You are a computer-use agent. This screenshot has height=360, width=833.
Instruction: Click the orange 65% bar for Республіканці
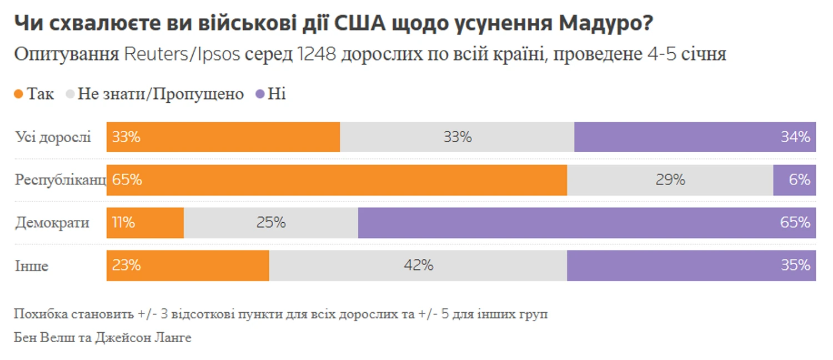[337, 180]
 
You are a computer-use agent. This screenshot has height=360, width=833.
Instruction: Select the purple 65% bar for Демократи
[587, 223]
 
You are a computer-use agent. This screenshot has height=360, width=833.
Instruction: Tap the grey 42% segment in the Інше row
[418, 266]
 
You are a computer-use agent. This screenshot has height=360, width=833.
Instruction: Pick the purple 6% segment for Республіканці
[794, 180]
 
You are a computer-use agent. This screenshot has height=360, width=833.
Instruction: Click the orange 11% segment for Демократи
[145, 223]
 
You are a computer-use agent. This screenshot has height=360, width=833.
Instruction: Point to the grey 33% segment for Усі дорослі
[457, 137]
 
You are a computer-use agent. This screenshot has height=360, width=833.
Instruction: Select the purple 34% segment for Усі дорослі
[695, 137]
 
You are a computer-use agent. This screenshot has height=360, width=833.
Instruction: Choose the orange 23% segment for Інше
[188, 266]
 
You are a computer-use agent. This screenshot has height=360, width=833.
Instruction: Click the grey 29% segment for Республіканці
[670, 180]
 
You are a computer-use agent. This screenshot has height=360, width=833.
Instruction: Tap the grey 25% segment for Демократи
[270, 223]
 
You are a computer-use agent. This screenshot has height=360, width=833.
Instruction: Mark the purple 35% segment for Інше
[691, 266]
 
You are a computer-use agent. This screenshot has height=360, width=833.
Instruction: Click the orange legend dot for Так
[19, 94]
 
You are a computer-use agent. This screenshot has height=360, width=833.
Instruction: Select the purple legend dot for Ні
[259, 94]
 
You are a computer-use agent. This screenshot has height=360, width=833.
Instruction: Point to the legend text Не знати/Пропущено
[160, 94]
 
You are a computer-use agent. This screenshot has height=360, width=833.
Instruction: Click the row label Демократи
[52, 223]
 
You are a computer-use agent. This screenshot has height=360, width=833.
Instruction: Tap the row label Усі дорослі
[53, 137]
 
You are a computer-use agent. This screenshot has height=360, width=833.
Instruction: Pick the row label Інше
[32, 266]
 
